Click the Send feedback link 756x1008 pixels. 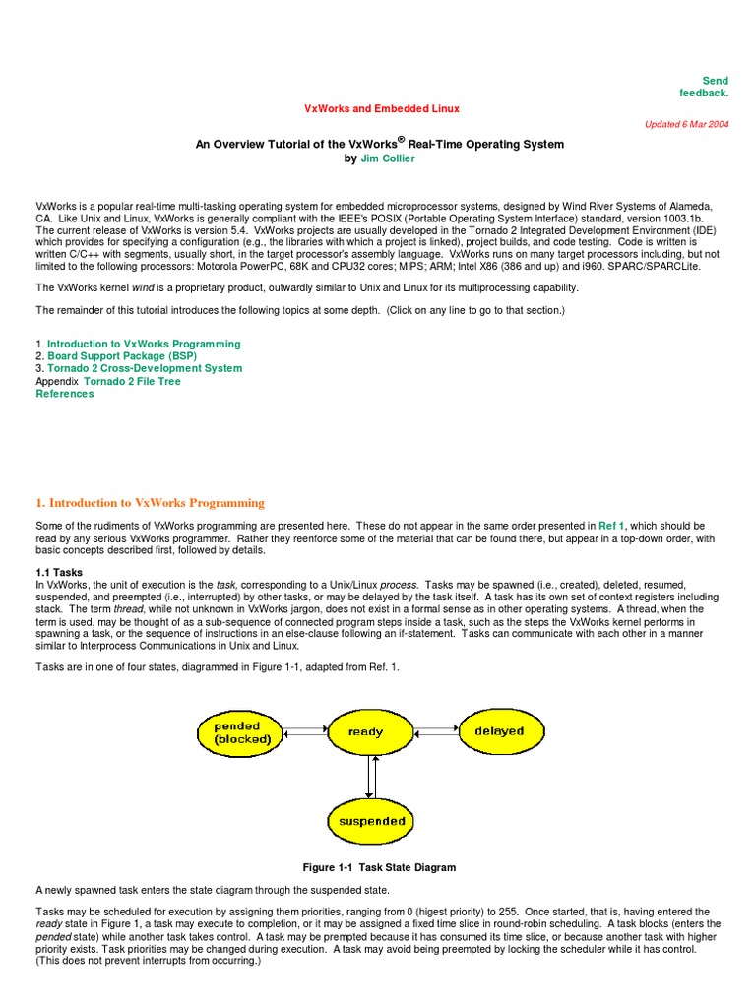pos(704,87)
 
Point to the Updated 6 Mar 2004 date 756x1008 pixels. pos(686,125)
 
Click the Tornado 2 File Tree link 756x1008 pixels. pos(133,381)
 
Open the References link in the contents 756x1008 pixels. pos(65,394)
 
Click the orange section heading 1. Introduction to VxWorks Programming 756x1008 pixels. pos(151,503)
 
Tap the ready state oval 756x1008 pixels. pos(366,731)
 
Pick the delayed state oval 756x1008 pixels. pos(499,731)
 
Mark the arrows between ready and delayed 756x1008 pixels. pos(433,731)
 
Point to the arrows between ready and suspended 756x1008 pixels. pos(369,777)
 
